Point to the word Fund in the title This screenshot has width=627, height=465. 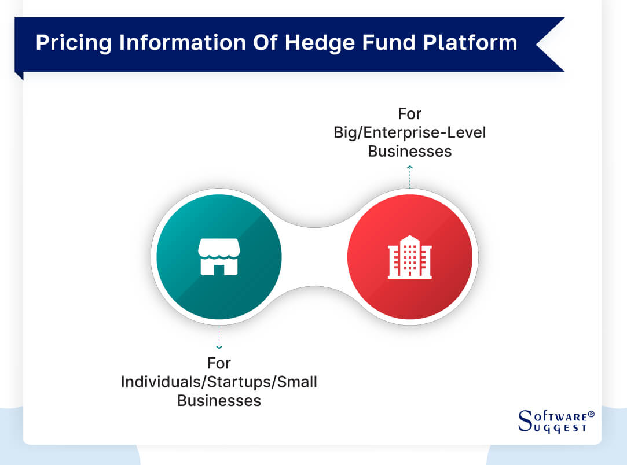click(x=366, y=43)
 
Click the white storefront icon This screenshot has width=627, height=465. click(x=218, y=257)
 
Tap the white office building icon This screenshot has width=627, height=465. click(x=409, y=257)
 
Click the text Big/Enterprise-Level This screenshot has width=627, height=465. click(x=409, y=132)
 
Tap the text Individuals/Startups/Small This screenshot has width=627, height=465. click(x=219, y=382)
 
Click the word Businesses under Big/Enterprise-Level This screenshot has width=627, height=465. click(x=409, y=152)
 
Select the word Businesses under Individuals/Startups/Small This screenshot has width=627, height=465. click(x=219, y=401)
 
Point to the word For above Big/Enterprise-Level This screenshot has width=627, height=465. click(x=409, y=114)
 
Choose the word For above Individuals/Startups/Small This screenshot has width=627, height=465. click(x=219, y=363)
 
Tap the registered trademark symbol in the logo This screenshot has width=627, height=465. click(x=591, y=414)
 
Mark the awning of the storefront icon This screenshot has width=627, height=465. click(x=218, y=248)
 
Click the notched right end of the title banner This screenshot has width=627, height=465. click(x=550, y=44)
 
